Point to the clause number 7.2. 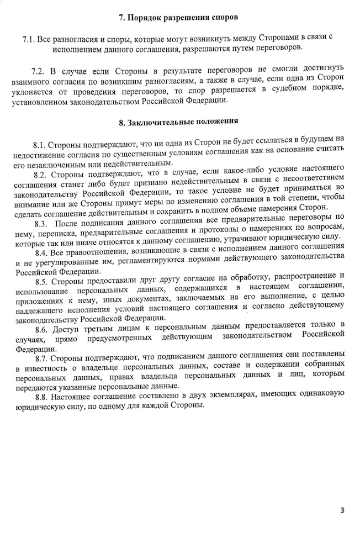38,72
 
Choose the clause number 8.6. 43,325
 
